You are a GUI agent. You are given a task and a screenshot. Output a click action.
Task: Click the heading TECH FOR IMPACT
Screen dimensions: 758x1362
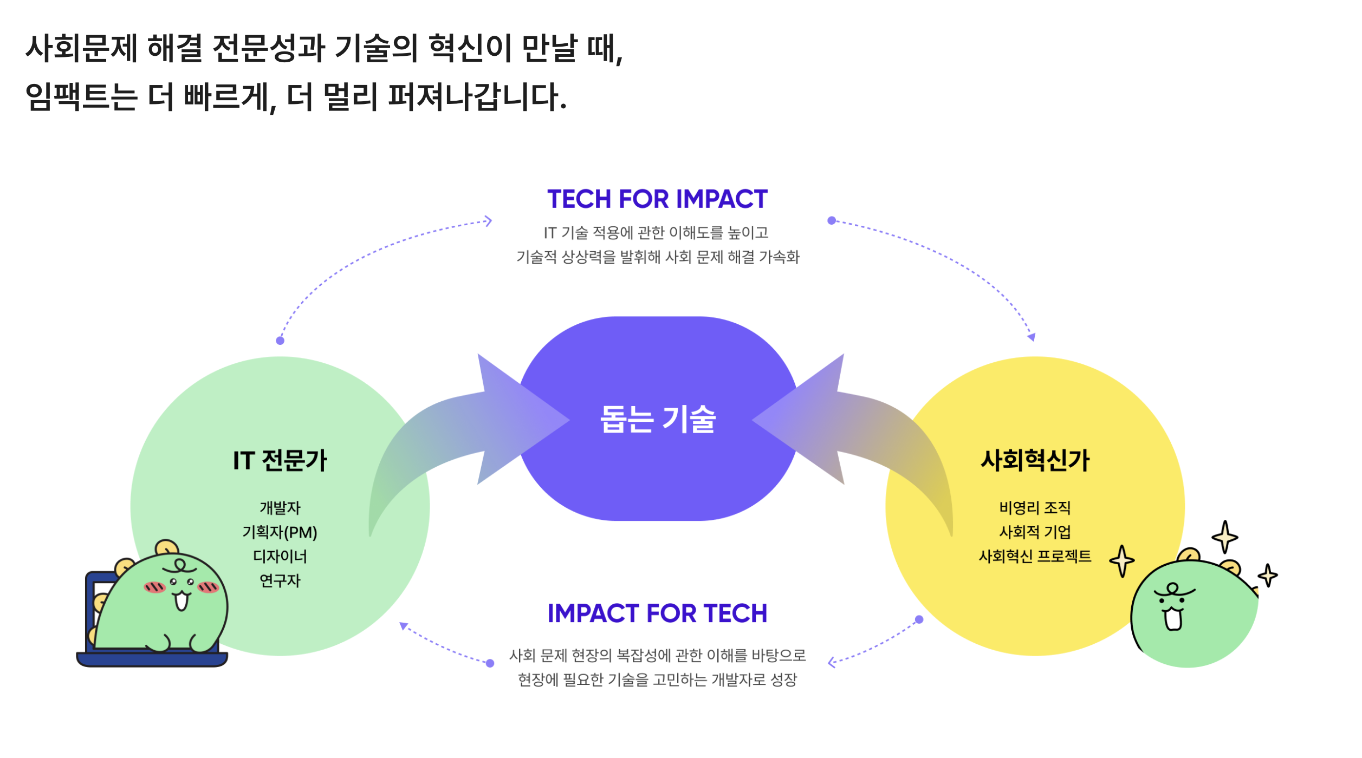[657, 199]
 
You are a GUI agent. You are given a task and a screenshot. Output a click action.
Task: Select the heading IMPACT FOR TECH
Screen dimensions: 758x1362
[657, 613]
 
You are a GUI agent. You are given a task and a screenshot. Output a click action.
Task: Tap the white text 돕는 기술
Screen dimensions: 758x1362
[658, 420]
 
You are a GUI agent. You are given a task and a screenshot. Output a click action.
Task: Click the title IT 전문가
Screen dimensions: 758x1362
[280, 460]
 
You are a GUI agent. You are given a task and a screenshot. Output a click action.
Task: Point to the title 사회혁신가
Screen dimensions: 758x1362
[1035, 460]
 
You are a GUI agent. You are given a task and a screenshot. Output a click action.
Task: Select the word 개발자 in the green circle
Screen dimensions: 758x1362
[280, 508]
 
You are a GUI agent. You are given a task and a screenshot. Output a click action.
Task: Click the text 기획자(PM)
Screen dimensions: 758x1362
[280, 532]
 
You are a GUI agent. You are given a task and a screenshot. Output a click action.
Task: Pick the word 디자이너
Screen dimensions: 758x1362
[280, 557]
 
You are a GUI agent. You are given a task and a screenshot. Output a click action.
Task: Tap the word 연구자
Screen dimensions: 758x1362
[280, 581]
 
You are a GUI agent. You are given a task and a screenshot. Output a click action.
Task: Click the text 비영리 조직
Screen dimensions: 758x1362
[1035, 508]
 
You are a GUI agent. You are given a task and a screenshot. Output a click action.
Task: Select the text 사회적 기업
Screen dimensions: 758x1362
[1035, 532]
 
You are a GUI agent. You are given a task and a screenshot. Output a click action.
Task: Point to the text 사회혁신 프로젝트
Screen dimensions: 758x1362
[1035, 557]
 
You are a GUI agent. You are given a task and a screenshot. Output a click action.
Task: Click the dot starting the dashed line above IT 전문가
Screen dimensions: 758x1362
[280, 341]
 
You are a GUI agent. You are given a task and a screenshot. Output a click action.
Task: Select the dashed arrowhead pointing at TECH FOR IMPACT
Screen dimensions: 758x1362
[488, 221]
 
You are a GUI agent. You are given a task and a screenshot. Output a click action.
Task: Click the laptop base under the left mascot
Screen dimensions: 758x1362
[152, 659]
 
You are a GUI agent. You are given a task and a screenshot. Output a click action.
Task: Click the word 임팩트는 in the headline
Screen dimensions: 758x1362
[81, 97]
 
